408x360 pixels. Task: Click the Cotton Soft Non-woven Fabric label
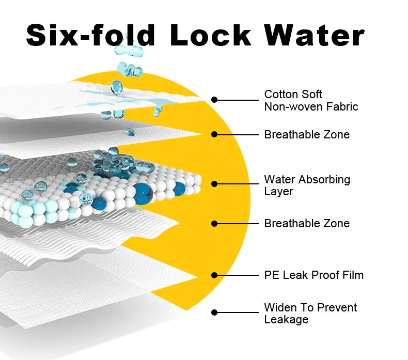[311, 100]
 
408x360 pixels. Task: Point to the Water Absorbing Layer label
[307, 185]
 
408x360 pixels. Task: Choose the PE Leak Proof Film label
[313, 275]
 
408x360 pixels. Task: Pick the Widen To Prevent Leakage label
[310, 314]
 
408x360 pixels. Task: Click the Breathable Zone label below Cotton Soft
[307, 135]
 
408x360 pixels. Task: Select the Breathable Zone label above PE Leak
[307, 224]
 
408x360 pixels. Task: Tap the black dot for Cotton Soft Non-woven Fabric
[214, 100]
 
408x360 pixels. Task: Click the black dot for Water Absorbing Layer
[214, 183]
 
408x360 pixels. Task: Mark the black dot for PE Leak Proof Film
[214, 275]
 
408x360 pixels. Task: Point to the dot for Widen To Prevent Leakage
[214, 312]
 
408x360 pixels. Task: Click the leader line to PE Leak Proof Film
[238, 275]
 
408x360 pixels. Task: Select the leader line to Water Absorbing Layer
[238, 183]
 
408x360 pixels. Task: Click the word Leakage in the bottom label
[286, 320]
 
